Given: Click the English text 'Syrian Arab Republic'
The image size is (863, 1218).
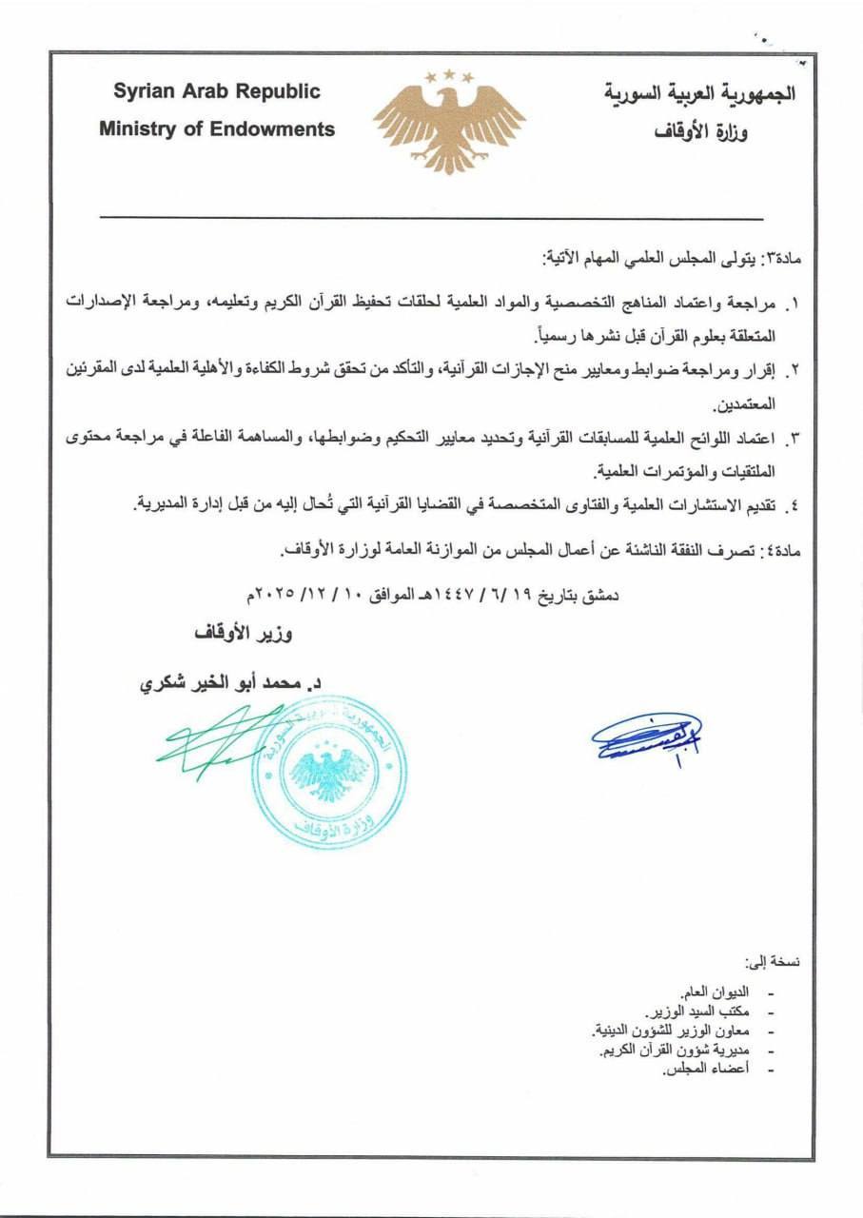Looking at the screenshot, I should click(x=217, y=92).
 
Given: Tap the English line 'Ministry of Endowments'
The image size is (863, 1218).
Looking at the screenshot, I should click(x=217, y=128).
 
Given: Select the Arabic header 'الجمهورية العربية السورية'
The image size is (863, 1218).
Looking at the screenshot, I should click(x=699, y=93).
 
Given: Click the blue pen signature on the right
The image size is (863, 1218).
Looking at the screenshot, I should click(x=647, y=736).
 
